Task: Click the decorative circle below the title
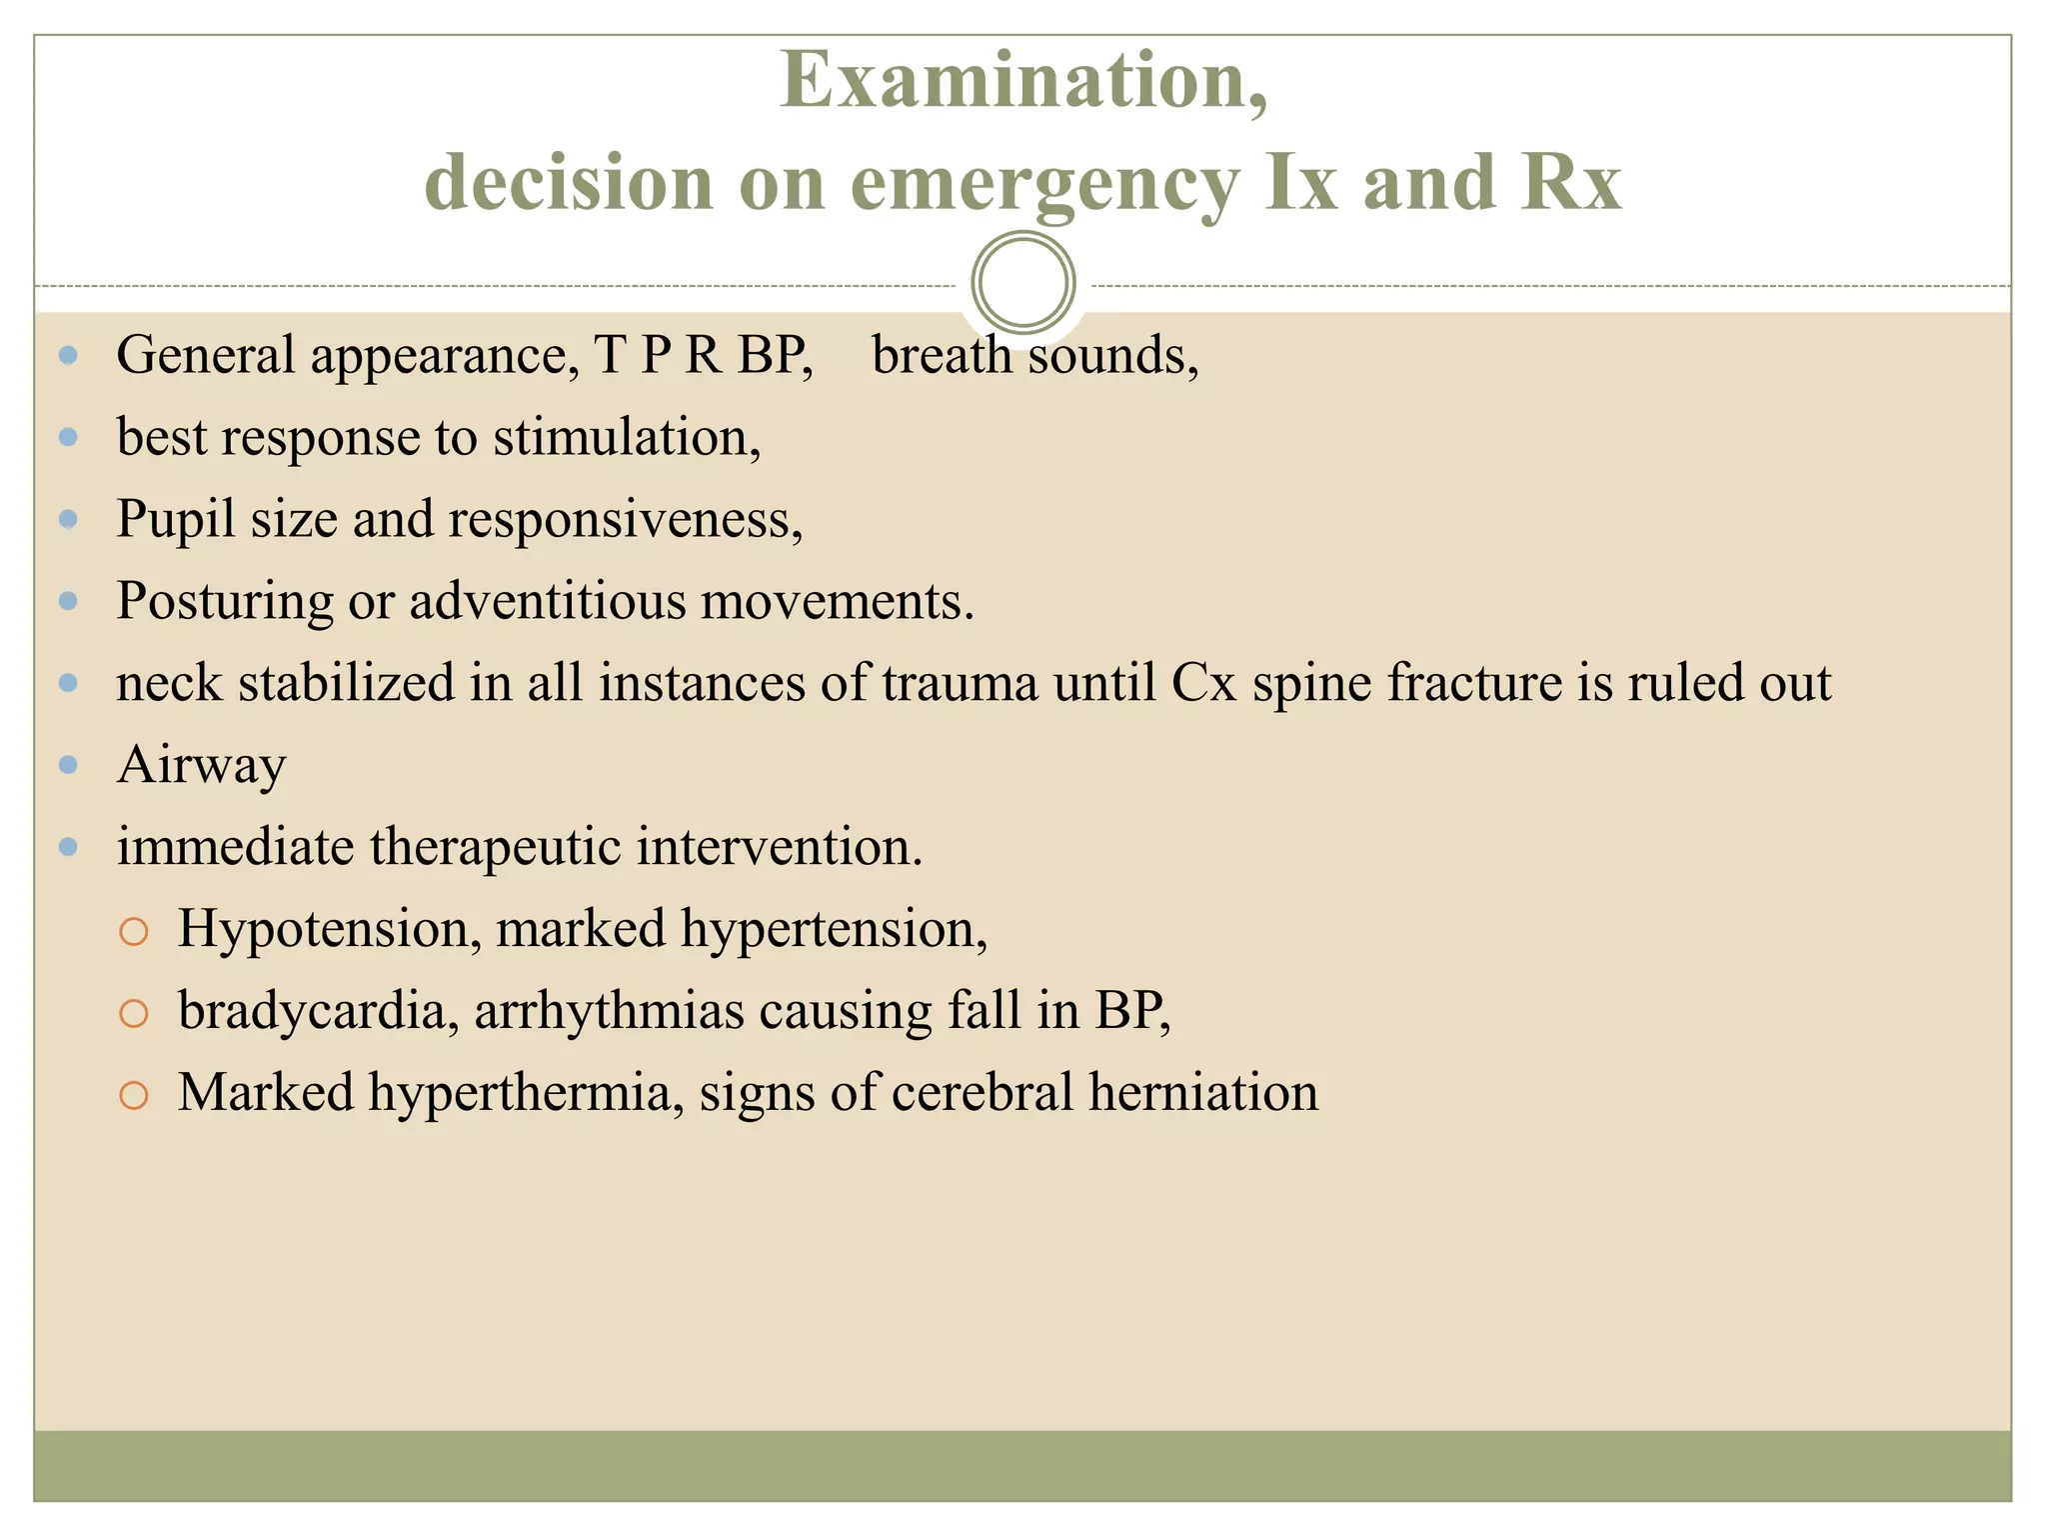(x=1023, y=283)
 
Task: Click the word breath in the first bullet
(x=941, y=355)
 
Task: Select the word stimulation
(x=626, y=438)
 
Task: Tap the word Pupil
(x=176, y=520)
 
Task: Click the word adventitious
(x=547, y=601)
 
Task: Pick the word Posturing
(x=224, y=602)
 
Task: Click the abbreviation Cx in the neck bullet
(x=1204, y=683)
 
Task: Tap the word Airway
(x=201, y=766)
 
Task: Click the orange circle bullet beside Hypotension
(x=133, y=932)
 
